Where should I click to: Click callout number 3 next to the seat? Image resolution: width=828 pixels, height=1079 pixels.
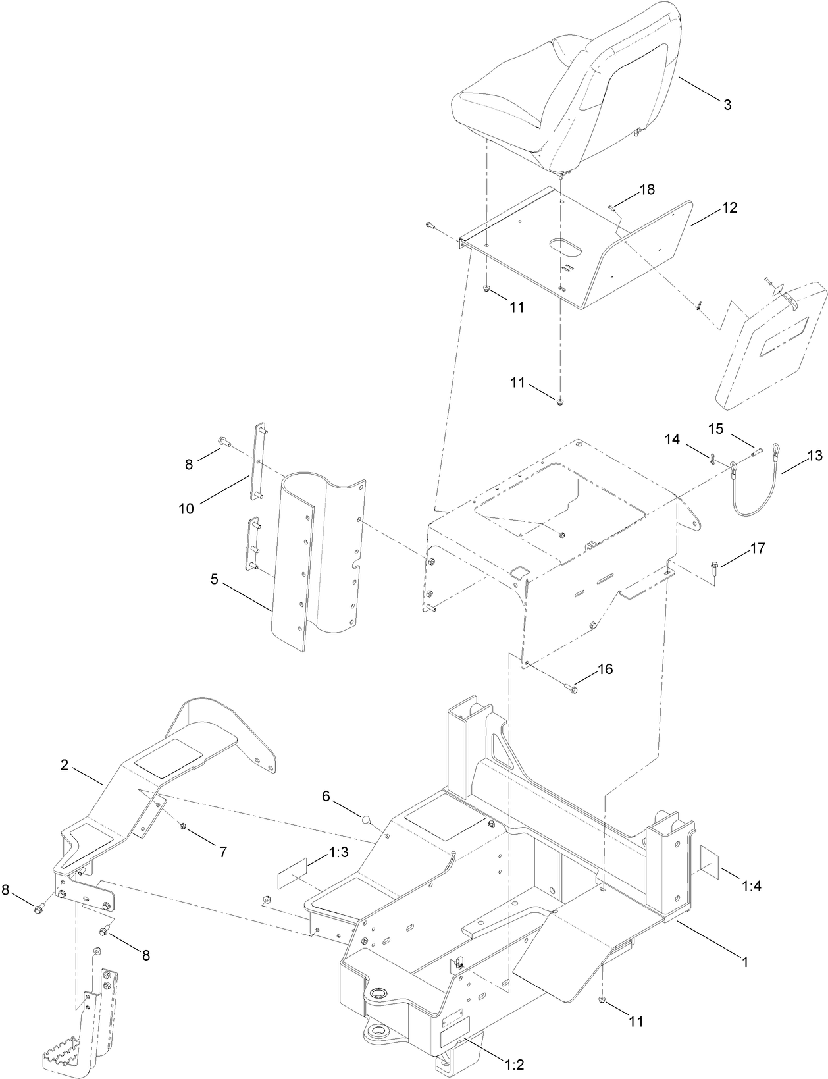click(727, 105)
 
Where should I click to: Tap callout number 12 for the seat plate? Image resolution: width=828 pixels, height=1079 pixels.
click(729, 208)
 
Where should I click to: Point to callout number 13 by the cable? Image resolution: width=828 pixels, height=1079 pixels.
click(814, 455)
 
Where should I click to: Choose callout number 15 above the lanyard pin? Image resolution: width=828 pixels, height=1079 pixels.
click(715, 429)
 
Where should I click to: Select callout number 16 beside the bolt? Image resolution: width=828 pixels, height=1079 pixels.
click(604, 669)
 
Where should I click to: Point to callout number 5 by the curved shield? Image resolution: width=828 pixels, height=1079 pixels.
click(214, 561)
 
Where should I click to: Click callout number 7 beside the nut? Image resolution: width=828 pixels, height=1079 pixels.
click(222, 852)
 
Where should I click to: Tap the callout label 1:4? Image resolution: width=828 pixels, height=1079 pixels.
click(752, 886)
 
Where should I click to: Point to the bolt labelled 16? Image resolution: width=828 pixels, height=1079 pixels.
click(571, 689)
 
